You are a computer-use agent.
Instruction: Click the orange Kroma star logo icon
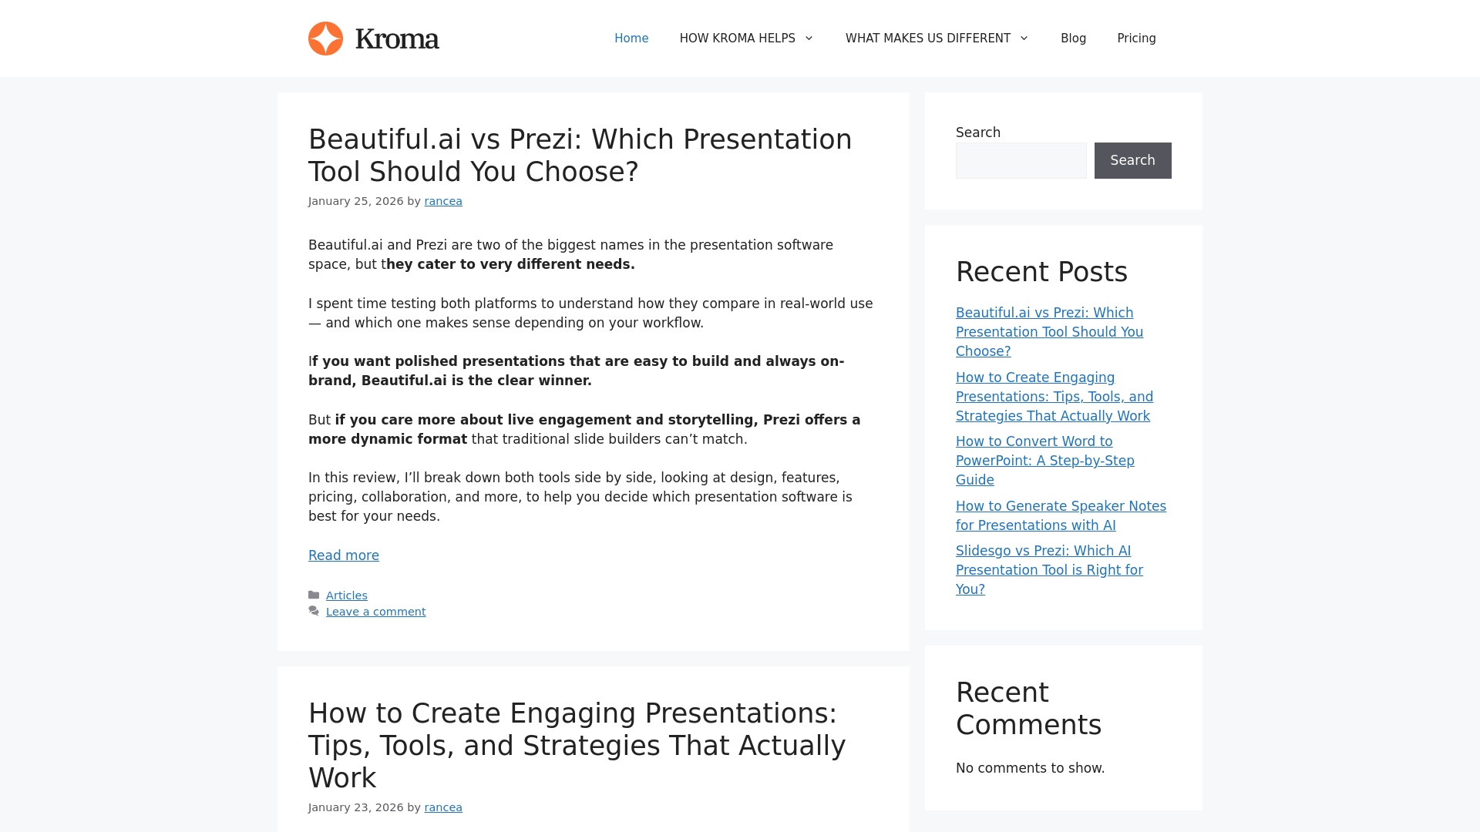(325, 39)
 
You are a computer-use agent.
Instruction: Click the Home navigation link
(631, 39)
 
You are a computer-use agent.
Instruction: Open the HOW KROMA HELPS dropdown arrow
(809, 39)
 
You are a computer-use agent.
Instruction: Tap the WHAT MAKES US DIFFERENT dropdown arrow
(1024, 39)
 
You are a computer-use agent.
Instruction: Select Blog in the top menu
(1073, 39)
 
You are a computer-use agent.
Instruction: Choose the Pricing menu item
(1136, 39)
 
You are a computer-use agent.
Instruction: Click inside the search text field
(1021, 160)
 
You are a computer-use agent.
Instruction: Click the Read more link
(344, 555)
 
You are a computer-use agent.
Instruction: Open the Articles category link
(347, 595)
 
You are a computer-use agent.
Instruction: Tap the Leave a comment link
(375, 612)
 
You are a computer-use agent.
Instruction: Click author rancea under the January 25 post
(443, 201)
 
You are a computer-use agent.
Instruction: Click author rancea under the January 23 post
(443, 807)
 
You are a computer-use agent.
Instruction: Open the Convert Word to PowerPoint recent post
(1045, 461)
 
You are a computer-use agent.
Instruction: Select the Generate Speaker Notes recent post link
(1061, 515)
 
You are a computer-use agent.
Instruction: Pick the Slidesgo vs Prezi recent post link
(1049, 570)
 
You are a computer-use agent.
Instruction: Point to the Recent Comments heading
(1028, 709)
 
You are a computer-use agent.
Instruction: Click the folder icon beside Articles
(314, 595)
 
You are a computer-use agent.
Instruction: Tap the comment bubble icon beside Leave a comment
(314, 611)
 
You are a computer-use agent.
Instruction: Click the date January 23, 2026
(356, 807)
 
